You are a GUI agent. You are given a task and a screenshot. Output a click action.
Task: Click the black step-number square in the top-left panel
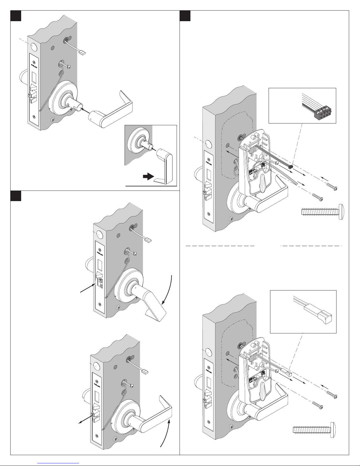(16, 16)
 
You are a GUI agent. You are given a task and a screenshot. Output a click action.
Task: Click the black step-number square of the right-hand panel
(185, 16)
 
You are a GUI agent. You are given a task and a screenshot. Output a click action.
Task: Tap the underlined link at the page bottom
(59, 463)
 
